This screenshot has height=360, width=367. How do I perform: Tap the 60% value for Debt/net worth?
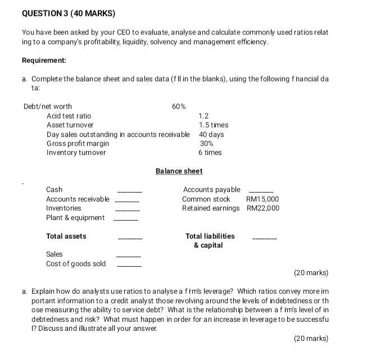click(x=179, y=106)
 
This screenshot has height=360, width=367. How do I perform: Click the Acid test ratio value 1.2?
click(x=204, y=116)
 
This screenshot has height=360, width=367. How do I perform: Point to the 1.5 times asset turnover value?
click(x=214, y=125)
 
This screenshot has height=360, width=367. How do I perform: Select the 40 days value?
click(x=211, y=134)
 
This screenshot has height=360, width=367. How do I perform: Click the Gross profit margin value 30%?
click(x=206, y=143)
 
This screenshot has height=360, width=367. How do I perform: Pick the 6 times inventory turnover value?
click(x=210, y=152)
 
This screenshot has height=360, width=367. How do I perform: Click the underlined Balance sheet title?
click(x=179, y=171)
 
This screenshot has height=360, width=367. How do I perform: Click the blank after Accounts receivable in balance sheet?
click(x=126, y=202)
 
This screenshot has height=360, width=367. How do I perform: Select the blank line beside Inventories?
click(x=126, y=211)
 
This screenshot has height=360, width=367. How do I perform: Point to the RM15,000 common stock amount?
click(x=262, y=199)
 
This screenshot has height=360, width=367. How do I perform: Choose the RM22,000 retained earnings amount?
click(x=262, y=208)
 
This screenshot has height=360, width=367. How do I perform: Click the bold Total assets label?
click(x=66, y=236)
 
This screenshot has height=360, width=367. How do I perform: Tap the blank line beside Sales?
click(x=128, y=257)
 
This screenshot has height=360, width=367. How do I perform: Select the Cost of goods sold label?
click(x=76, y=264)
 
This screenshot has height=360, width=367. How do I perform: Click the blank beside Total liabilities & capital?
click(x=265, y=239)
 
